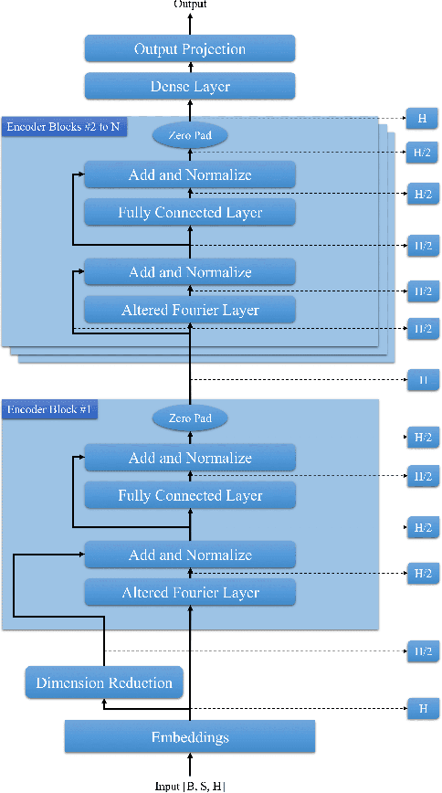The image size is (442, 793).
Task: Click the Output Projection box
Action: click(190, 48)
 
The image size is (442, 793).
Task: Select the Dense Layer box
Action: click(190, 87)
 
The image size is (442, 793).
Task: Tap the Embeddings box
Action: click(190, 736)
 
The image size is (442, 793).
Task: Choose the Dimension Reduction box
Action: click(103, 682)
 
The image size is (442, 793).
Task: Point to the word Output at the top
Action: click(190, 5)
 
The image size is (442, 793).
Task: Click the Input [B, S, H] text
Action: click(190, 786)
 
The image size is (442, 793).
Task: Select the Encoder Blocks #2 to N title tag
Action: click(62, 127)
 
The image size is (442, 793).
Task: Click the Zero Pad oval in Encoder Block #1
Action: click(190, 418)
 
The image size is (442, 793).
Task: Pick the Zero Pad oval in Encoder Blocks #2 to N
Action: click(190, 135)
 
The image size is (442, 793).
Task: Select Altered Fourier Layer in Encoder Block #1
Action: click(190, 593)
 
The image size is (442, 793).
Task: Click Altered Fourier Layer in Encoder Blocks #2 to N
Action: click(190, 310)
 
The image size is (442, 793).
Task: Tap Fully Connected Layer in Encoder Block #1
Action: click(190, 495)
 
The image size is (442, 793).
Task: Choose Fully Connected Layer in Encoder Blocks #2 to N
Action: click(190, 213)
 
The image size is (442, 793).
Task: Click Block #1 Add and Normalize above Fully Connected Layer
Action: click(190, 458)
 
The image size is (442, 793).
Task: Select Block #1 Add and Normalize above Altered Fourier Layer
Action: click(190, 555)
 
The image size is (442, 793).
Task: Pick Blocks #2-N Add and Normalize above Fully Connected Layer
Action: click(190, 174)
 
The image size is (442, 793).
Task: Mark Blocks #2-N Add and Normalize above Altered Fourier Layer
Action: click(190, 272)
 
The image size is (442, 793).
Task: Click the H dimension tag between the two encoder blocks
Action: click(423, 379)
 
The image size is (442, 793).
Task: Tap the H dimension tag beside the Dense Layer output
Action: click(423, 119)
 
